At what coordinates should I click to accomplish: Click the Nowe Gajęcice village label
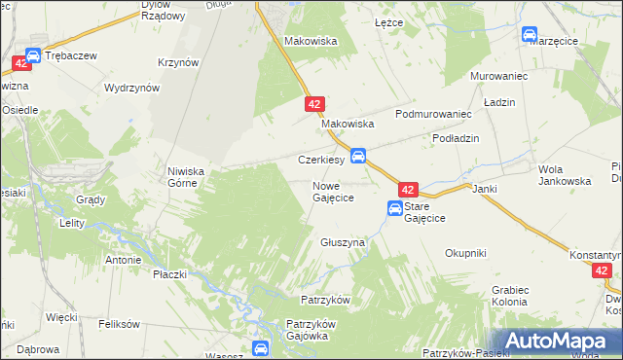pyautogui.click(x=332, y=191)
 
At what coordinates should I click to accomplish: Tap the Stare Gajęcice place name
pyautogui.click(x=426, y=213)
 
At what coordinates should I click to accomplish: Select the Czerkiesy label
pyautogui.click(x=320, y=160)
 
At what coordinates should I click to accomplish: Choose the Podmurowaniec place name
pyautogui.click(x=433, y=114)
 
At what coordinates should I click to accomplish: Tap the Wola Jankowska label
pyautogui.click(x=565, y=175)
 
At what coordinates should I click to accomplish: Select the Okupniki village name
pyautogui.click(x=465, y=253)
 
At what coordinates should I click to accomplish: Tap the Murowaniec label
pyautogui.click(x=497, y=75)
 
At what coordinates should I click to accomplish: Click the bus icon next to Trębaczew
pyautogui.click(x=32, y=56)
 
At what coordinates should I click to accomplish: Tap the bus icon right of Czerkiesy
pyautogui.click(x=358, y=155)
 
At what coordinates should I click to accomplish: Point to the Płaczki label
pyautogui.click(x=169, y=274)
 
